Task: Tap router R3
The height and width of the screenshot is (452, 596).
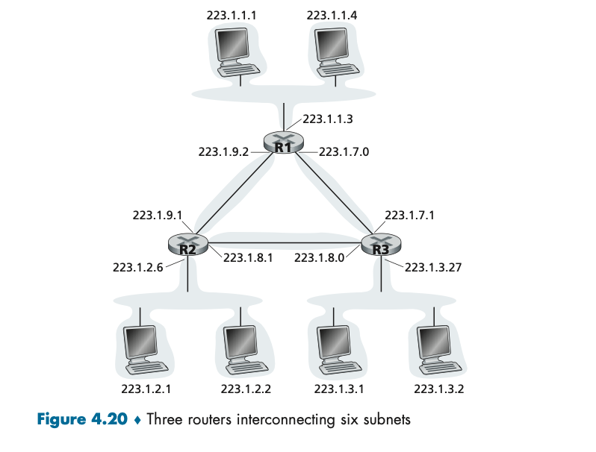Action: point(381,245)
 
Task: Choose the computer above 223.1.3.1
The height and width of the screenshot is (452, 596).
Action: point(338,348)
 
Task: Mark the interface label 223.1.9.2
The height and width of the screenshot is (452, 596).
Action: point(223,151)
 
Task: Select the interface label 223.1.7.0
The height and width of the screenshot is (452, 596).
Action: point(344,151)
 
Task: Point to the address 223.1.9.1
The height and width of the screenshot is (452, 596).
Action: point(158,215)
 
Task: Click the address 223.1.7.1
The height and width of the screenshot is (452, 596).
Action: point(409,215)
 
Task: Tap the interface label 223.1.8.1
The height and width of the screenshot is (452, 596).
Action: point(248,258)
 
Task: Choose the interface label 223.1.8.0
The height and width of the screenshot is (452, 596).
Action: point(319,258)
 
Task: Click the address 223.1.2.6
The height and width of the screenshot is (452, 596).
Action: point(137,267)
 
